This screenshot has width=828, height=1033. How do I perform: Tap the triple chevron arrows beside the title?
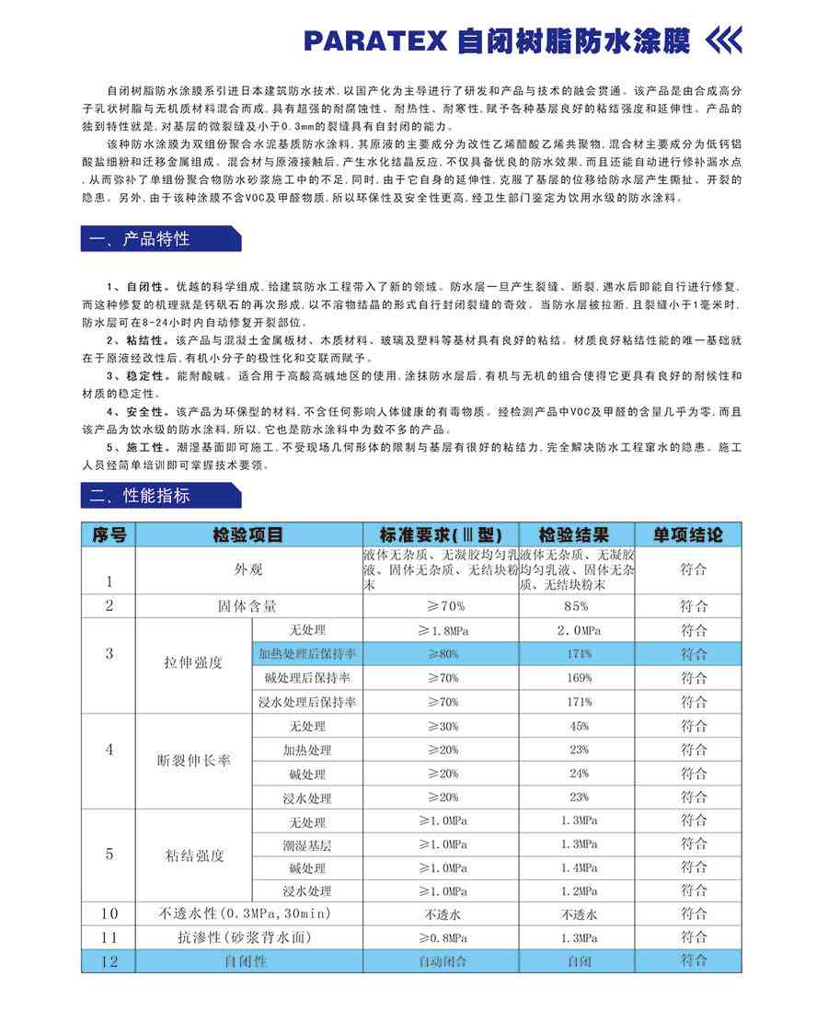(722, 40)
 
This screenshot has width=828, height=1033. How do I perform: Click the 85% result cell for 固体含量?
(577, 606)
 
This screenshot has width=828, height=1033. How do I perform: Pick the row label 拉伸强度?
(193, 662)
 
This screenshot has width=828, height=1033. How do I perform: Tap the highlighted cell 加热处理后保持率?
(307, 654)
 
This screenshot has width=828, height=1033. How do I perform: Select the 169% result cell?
(577, 678)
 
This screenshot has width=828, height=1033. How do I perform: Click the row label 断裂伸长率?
(193, 762)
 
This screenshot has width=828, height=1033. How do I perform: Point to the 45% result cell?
(577, 726)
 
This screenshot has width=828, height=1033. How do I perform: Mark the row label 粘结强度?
(193, 855)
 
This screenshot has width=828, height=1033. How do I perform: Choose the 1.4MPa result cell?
(577, 867)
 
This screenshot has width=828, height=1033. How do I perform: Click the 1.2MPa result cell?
(577, 891)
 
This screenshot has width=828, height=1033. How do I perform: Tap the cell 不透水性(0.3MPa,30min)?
(245, 914)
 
